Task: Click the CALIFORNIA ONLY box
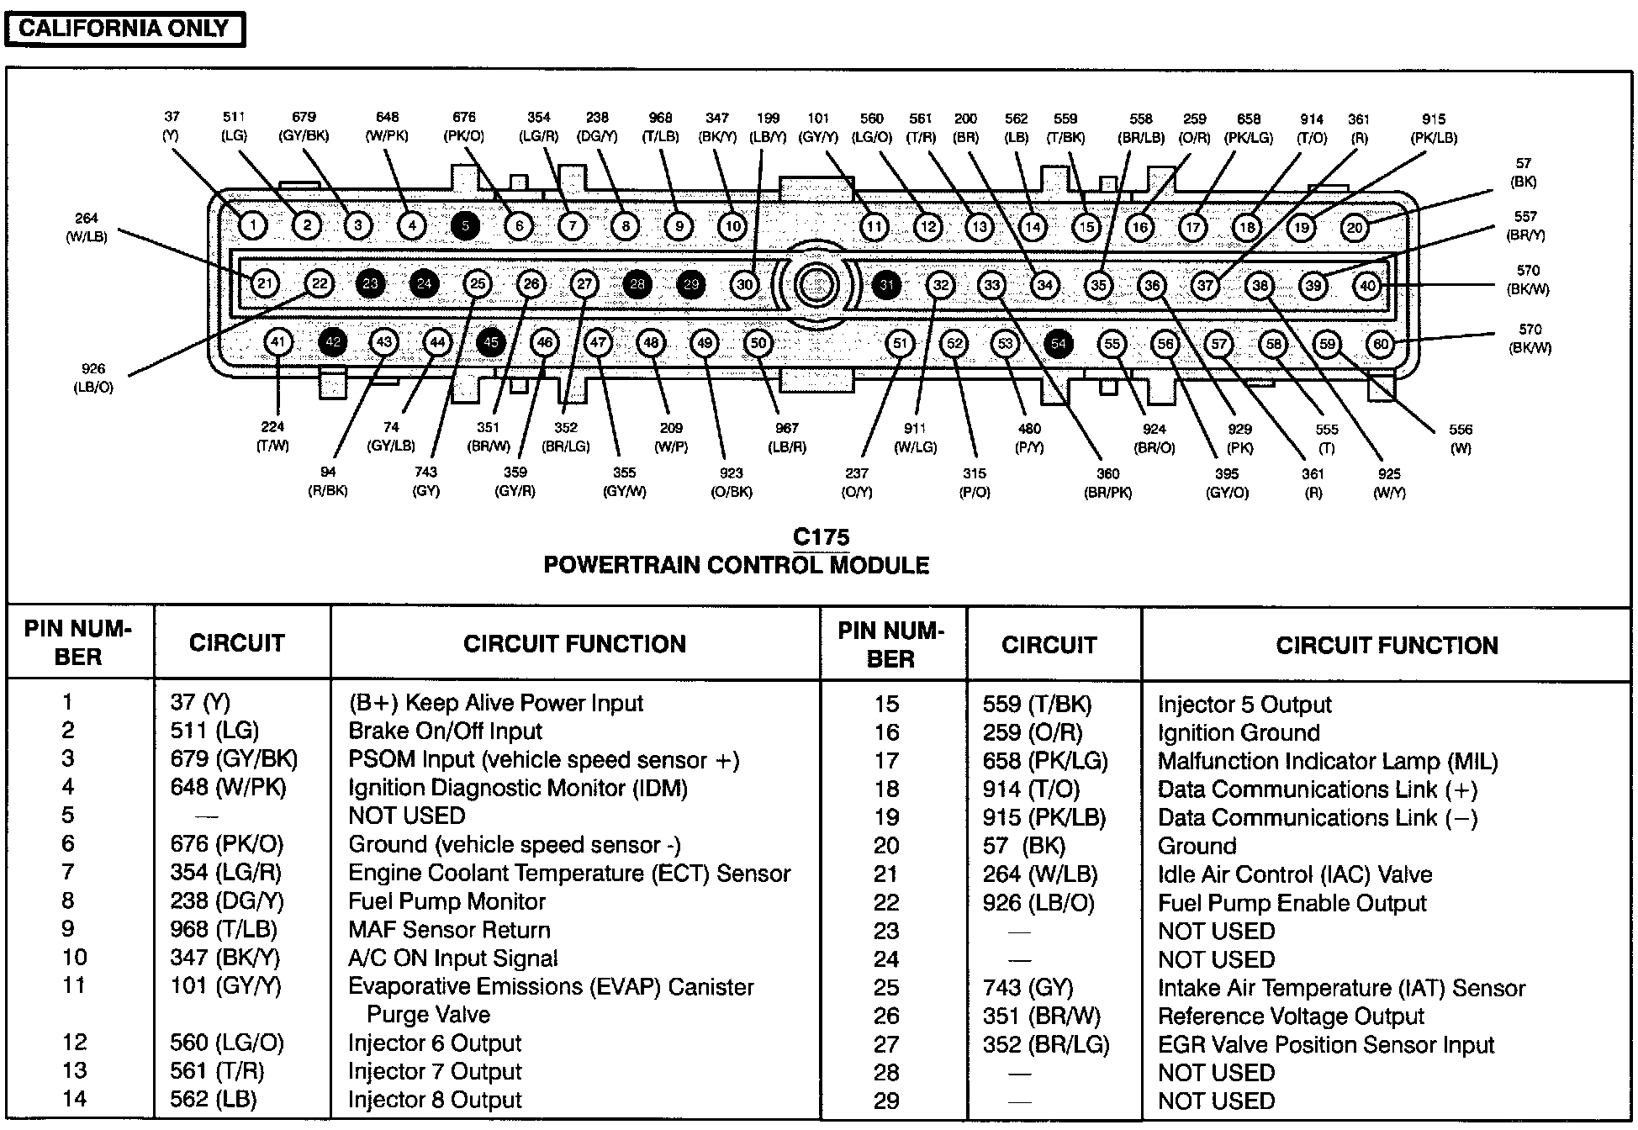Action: click(x=124, y=29)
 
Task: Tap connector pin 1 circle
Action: click(x=252, y=224)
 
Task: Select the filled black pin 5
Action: click(x=465, y=225)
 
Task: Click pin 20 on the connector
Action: click(x=1355, y=227)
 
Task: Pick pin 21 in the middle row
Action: click(x=265, y=283)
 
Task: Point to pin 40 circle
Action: click(x=1368, y=286)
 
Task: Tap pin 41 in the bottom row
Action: click(x=278, y=341)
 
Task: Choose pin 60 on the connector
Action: click(x=1381, y=344)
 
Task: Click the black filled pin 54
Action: click(x=1059, y=343)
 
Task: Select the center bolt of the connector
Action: click(x=814, y=285)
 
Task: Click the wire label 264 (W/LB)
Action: click(x=87, y=228)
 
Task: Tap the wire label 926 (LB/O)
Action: click(x=93, y=378)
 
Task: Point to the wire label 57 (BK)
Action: click(x=1524, y=172)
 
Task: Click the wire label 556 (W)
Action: click(x=1461, y=439)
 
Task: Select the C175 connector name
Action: click(x=821, y=537)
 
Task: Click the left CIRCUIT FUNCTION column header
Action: click(x=574, y=644)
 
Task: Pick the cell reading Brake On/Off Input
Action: click(x=445, y=731)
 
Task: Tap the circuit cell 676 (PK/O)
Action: click(x=227, y=844)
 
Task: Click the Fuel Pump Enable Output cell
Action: click(x=1292, y=903)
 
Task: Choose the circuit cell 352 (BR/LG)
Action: click(x=1046, y=1045)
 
